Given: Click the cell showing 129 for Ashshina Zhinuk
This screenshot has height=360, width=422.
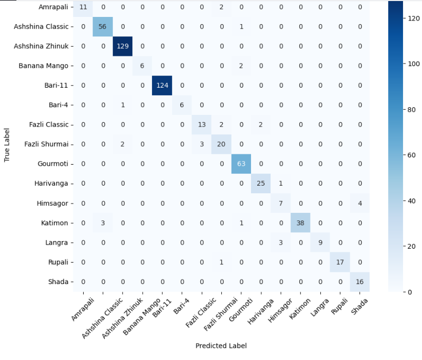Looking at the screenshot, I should point(123,46).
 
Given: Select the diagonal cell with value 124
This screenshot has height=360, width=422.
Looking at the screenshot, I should point(162,85).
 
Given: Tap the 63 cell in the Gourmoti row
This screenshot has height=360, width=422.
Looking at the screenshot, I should point(241,164).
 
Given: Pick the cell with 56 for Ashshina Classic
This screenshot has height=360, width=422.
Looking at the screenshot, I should point(103,26).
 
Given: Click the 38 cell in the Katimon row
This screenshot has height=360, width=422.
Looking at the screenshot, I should point(300,223).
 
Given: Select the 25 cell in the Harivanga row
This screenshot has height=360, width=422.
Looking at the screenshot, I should point(260,183).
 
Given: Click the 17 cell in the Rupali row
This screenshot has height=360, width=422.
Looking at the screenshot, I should point(339,262).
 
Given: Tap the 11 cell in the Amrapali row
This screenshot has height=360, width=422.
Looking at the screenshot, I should point(83,7).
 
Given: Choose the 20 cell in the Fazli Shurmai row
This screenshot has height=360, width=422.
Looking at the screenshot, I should point(221,144).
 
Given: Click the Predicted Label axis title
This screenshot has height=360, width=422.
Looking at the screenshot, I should point(221,346).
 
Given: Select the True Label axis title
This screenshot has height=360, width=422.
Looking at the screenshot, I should point(7,144).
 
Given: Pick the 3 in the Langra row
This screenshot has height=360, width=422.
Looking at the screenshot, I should point(280,243).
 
